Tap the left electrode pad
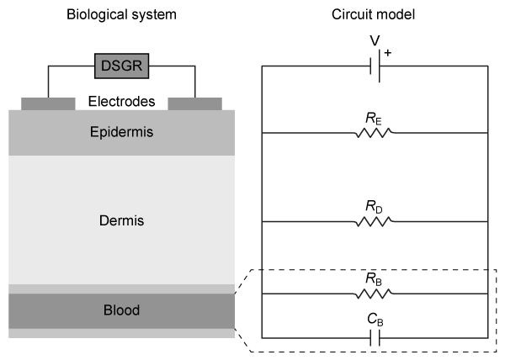[x=47, y=103]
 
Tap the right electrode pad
[x=195, y=103]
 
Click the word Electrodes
[x=121, y=103]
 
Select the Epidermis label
[x=121, y=132]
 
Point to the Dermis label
[x=121, y=220]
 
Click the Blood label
[x=121, y=310]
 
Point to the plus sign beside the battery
[x=389, y=52]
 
